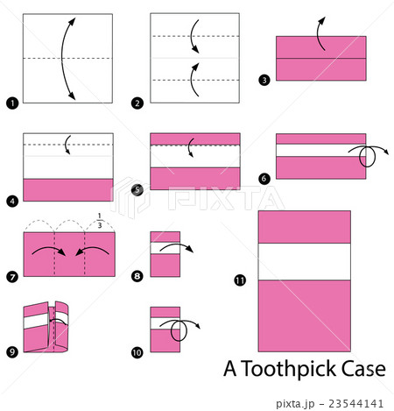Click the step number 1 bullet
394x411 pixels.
tap(11, 103)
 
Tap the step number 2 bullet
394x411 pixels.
tap(137, 103)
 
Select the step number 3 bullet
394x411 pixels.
tap(265, 79)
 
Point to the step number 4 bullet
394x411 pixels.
tap(11, 201)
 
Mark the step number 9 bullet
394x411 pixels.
tap(11, 352)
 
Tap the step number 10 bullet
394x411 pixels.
tap(137, 352)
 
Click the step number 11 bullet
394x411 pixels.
tap(239, 280)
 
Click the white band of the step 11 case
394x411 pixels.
tap(304, 261)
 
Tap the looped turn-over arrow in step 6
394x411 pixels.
tap(369, 156)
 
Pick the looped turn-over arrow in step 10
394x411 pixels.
tap(181, 330)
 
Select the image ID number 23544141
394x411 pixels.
tap(355, 403)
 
